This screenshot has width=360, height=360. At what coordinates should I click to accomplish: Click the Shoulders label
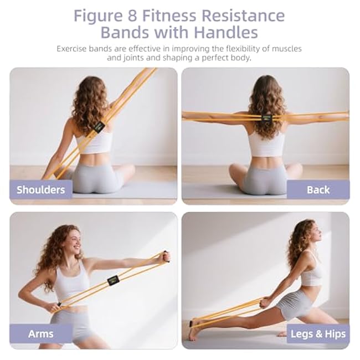point(40,190)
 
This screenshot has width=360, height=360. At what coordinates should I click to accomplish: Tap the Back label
point(318,190)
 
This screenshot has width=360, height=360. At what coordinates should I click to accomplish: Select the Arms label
point(40,333)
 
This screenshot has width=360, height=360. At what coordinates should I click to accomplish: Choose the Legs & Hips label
point(318,333)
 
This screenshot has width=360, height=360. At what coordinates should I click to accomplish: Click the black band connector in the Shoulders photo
point(99,127)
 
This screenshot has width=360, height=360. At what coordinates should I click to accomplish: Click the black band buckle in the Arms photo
point(114,281)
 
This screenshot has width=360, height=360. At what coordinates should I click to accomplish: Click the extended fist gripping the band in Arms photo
point(165,256)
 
